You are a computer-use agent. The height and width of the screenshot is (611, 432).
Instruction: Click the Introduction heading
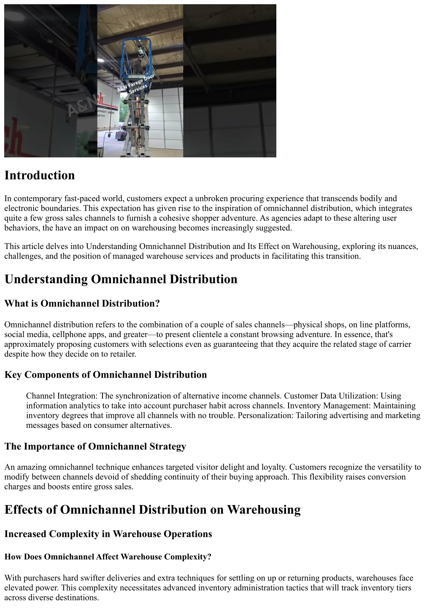(x=40, y=176)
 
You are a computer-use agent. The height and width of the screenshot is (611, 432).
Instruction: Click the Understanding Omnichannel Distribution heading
(x=121, y=279)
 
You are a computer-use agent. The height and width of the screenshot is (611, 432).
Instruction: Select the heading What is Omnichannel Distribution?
(x=82, y=303)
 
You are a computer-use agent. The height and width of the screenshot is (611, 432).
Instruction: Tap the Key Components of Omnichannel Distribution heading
(x=105, y=375)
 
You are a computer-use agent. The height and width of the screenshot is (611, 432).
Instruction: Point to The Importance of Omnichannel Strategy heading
(x=95, y=446)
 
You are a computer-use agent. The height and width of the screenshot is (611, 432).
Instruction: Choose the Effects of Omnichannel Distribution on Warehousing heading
(x=152, y=510)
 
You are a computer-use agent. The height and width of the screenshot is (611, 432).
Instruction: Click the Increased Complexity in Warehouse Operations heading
(x=108, y=534)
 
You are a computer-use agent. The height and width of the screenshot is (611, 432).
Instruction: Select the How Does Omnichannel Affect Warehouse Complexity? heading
(x=108, y=557)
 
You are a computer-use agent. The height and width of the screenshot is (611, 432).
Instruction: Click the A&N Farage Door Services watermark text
(x=136, y=85)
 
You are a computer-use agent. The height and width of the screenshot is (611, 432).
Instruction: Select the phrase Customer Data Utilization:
(x=331, y=396)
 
